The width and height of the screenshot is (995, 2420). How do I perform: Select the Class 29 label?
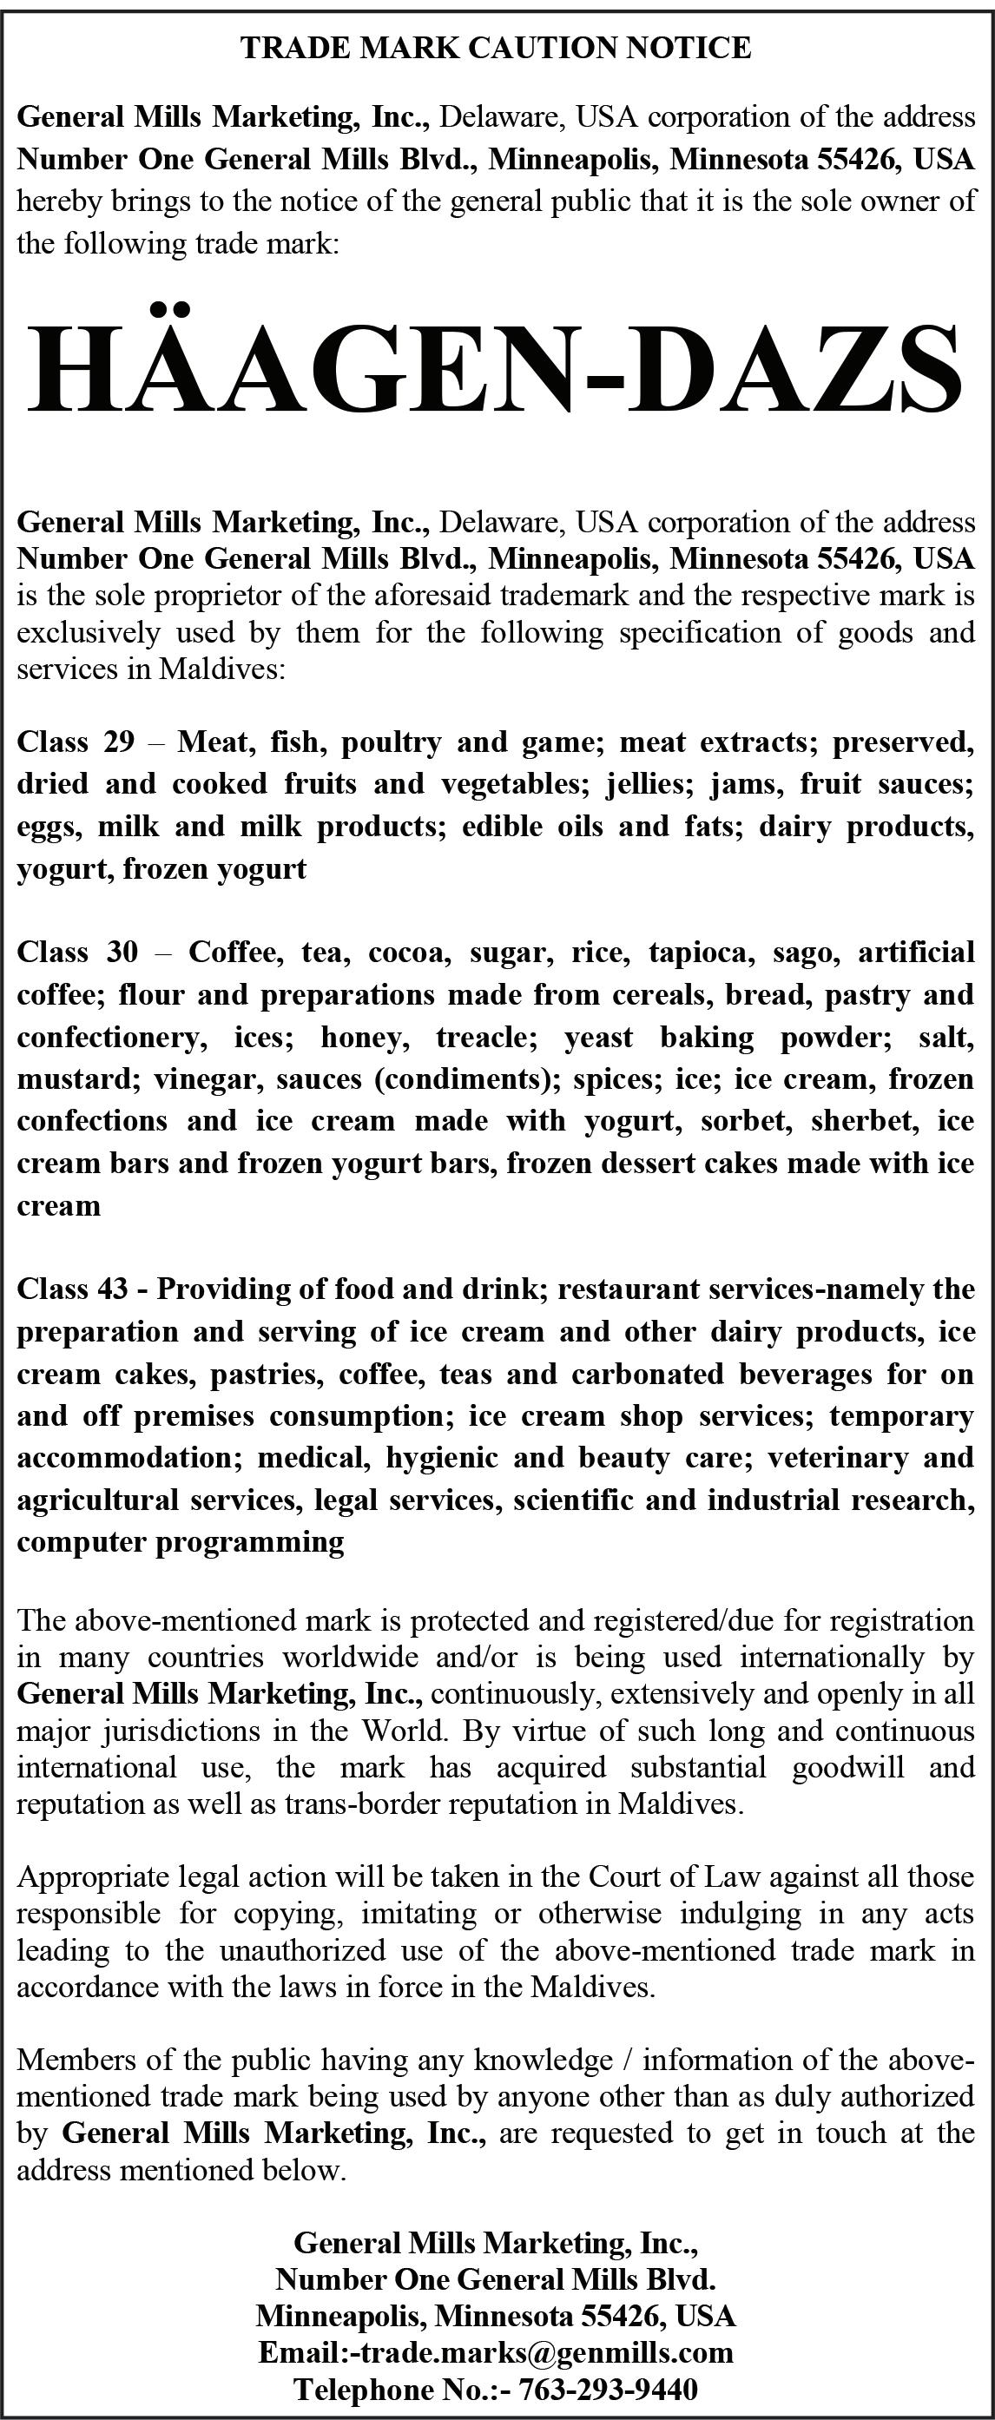pos(76,742)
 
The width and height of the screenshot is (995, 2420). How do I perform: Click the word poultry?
pos(391,743)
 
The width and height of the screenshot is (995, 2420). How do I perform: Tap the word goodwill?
pos(847,1767)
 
